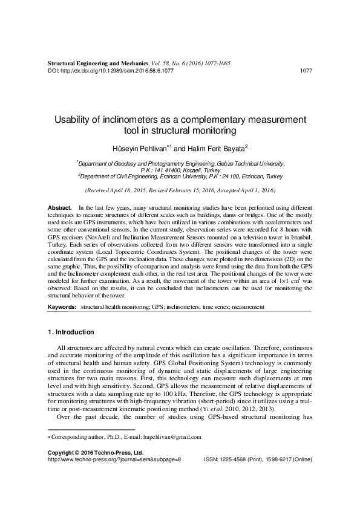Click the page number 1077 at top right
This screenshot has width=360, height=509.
pos(306,71)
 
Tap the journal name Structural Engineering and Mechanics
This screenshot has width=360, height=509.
pos(97,63)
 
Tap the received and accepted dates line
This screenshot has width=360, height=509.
pos(180,190)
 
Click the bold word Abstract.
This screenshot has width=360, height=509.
pos(60,207)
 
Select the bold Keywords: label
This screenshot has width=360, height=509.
pos(63,308)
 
